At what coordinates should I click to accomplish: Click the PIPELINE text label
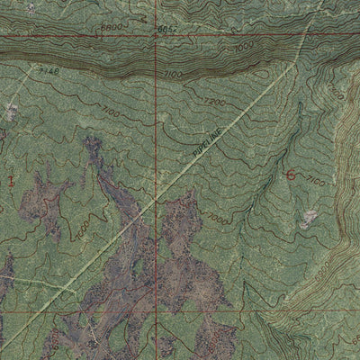[x=204, y=145]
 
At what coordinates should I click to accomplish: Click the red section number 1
[x=10, y=180]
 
